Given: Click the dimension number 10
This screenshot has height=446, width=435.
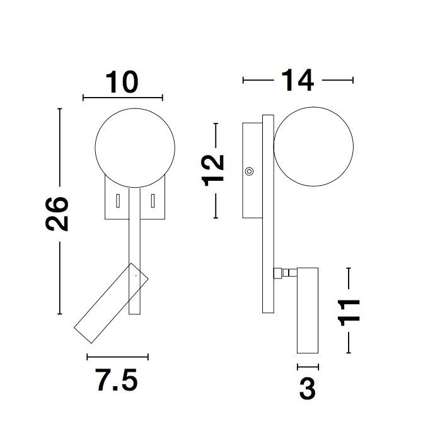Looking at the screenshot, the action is click(x=122, y=82).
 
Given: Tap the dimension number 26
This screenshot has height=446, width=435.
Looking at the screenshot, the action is click(x=57, y=214).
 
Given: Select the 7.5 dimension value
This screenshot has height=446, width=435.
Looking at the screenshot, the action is click(x=117, y=380).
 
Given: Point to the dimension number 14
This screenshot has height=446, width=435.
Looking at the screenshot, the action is click(x=298, y=81).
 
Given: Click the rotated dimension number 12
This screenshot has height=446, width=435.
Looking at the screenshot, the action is click(x=213, y=170).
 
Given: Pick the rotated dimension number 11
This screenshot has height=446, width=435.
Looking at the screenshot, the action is click(x=349, y=312).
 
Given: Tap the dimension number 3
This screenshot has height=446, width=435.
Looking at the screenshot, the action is click(x=308, y=389).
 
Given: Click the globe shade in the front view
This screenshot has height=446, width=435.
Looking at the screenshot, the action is click(x=135, y=148).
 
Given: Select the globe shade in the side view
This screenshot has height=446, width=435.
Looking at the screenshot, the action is click(x=313, y=147).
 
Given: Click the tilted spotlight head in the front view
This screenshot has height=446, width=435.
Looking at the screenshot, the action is click(x=111, y=303).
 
